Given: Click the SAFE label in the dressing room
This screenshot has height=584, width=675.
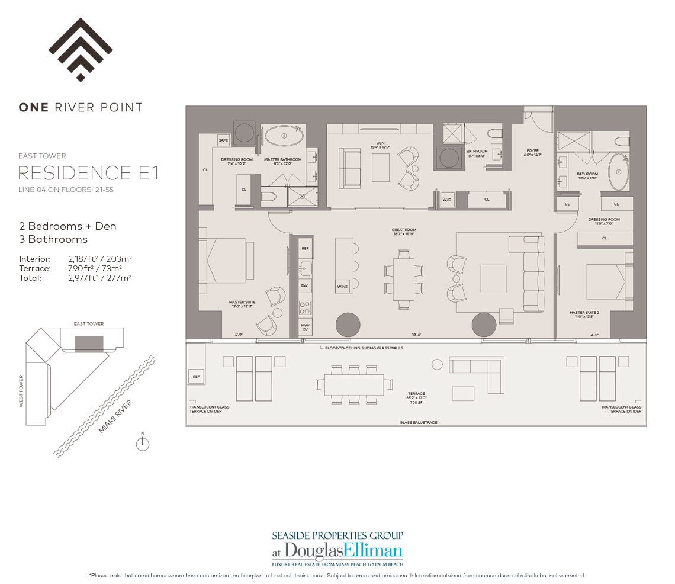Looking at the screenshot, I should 224,140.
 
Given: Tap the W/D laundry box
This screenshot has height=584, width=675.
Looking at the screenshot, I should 447,200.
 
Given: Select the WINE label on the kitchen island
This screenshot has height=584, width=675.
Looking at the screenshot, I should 342,287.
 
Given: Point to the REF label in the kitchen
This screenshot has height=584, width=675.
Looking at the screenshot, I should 305,248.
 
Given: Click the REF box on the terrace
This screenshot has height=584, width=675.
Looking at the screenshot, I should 196,376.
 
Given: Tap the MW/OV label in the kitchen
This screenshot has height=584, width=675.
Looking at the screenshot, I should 306,326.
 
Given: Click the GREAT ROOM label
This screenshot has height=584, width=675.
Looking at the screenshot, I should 404,230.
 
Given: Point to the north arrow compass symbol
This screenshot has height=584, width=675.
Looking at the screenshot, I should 142,444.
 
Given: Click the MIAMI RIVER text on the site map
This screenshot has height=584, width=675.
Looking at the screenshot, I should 115,416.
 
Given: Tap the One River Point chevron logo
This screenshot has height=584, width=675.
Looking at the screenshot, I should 81,50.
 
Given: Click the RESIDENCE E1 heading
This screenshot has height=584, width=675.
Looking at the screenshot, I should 88,173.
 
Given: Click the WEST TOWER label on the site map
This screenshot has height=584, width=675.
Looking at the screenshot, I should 22,391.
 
